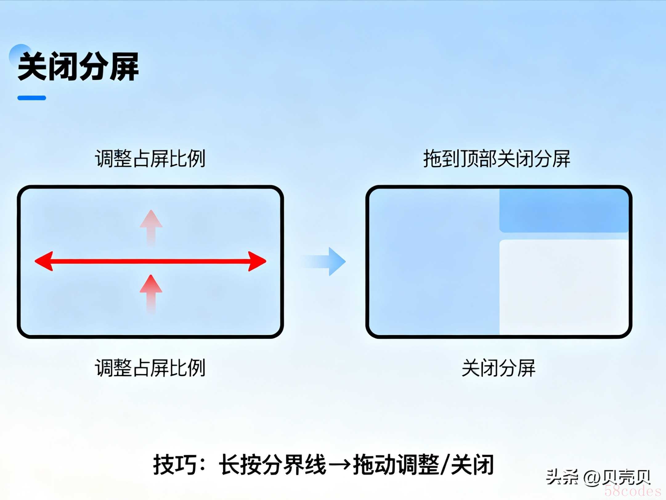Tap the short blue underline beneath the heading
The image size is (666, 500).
click(32, 98)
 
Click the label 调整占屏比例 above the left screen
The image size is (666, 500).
click(150, 159)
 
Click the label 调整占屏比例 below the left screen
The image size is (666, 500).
click(150, 368)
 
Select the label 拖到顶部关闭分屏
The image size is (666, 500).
click(497, 159)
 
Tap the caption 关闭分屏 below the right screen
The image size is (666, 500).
click(498, 368)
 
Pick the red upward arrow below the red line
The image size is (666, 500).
click(151, 293)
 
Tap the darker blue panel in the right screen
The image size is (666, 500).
click(564, 211)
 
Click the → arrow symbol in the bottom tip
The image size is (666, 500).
click(339, 464)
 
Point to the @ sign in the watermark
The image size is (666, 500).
click(592, 477)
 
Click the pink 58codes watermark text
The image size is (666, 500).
click(633, 491)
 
